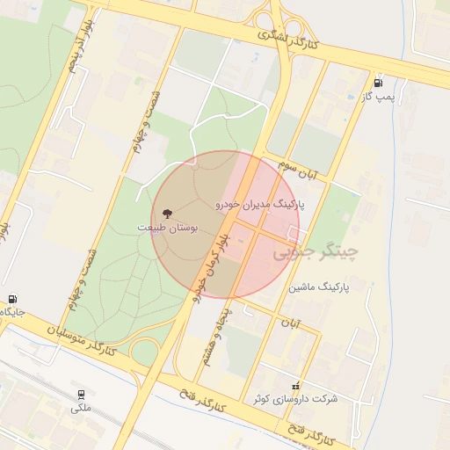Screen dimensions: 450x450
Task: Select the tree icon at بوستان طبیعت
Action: click(x=166, y=214)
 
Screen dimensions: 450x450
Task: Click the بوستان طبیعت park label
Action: click(x=167, y=227)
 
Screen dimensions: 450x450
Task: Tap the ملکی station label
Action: click(x=80, y=409)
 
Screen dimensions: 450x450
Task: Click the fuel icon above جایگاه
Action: click(x=13, y=300)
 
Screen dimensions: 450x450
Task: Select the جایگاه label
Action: click(x=12, y=312)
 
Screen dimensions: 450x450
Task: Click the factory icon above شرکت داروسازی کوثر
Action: click(x=295, y=385)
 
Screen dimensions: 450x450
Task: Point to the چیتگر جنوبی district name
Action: click(x=316, y=253)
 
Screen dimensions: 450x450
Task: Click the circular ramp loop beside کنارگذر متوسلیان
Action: click(x=142, y=352)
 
